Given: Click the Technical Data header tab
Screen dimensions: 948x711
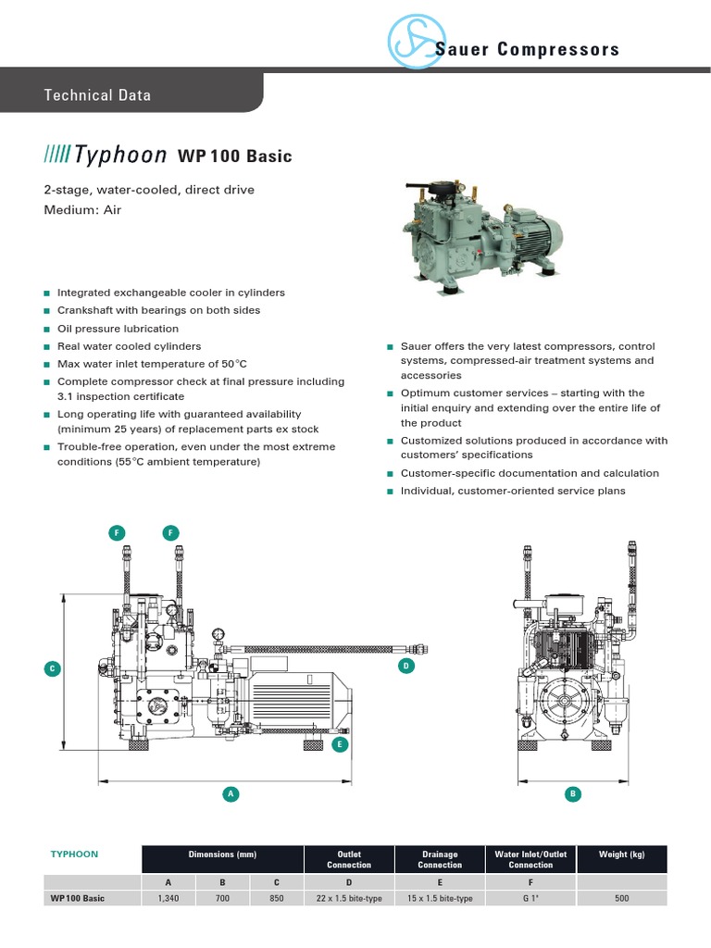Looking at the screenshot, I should [x=97, y=95].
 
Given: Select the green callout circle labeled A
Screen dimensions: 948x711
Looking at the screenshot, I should [x=231, y=793].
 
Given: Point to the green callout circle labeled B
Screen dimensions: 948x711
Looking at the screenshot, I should [x=573, y=793].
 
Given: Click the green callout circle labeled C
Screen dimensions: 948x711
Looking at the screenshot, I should [x=53, y=668].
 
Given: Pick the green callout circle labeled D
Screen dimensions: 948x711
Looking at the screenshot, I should [x=405, y=666].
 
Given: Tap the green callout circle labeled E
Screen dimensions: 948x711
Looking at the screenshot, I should [x=340, y=743].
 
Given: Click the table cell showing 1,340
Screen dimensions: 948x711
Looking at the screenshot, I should [x=167, y=898].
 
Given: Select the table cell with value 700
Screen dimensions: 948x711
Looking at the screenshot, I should [x=222, y=898].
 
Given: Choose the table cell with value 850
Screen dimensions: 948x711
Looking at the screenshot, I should [x=277, y=898].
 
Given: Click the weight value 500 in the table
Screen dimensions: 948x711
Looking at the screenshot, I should [x=622, y=898].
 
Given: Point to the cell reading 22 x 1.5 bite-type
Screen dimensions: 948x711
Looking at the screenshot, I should [x=349, y=898].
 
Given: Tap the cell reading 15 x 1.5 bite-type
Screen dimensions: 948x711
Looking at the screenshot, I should [x=440, y=898].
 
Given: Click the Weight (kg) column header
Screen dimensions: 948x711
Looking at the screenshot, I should [x=622, y=854].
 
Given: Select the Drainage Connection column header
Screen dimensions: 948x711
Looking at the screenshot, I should [x=440, y=859].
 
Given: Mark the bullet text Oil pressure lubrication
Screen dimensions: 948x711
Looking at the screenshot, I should [x=118, y=329].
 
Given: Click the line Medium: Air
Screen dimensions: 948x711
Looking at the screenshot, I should [x=82, y=210].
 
